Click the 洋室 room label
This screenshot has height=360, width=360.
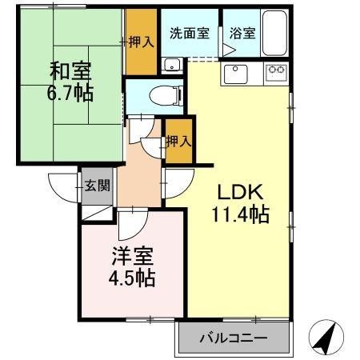click(131, 259)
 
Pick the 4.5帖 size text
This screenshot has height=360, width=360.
click(131, 279)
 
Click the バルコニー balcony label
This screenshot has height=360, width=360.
click(234, 338)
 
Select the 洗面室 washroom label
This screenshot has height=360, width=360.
click(189, 34)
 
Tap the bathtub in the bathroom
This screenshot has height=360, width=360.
click(274, 36)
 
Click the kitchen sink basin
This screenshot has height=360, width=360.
click(238, 74)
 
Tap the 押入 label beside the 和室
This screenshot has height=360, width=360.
click(142, 42)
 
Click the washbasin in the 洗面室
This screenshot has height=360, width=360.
click(170, 65)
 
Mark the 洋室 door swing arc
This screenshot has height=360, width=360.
click(130, 226)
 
